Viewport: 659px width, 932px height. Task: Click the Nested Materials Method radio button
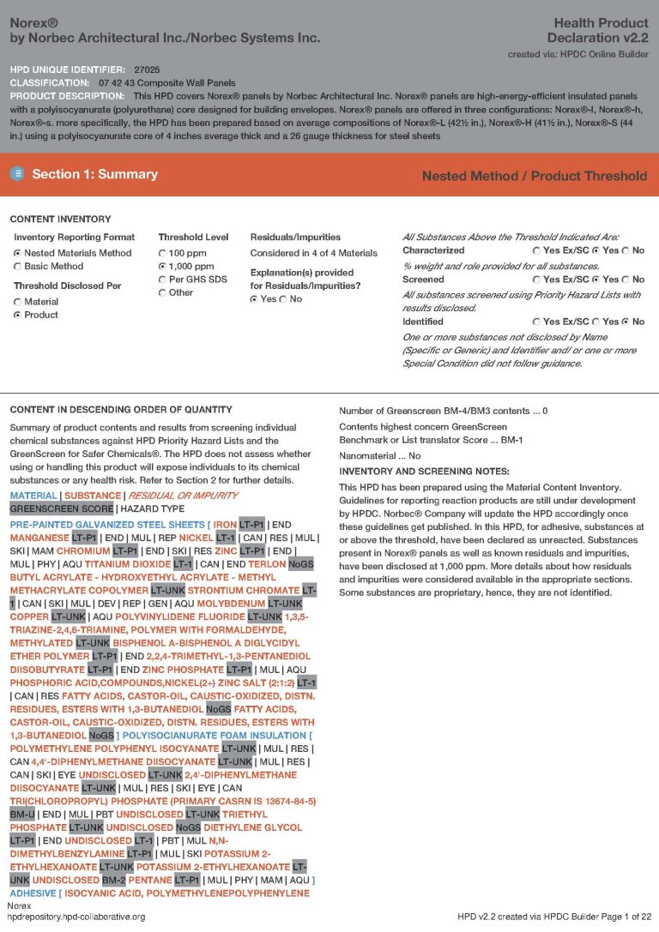(x=17, y=254)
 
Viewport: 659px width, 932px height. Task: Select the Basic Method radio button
(x=17, y=267)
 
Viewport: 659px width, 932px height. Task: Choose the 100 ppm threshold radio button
(x=162, y=254)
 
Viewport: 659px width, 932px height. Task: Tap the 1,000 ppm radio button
(x=162, y=267)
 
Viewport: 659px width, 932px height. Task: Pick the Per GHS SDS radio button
(x=162, y=280)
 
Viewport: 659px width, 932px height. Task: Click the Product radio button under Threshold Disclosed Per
(x=17, y=316)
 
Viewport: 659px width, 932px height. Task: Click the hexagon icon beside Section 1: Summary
(x=17, y=174)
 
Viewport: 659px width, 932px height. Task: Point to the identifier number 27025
(x=147, y=69)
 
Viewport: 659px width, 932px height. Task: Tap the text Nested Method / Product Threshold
(x=534, y=176)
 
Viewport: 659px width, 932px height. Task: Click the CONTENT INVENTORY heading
(x=60, y=219)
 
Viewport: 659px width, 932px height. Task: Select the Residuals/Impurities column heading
(x=295, y=237)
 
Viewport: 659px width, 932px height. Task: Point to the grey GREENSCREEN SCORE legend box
(x=62, y=508)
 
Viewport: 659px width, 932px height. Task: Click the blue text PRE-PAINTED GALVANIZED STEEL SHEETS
(x=107, y=524)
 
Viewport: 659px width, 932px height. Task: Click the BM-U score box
(x=23, y=815)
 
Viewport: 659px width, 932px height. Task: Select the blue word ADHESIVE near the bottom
(x=33, y=893)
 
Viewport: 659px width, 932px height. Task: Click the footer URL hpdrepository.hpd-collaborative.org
(x=76, y=917)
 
